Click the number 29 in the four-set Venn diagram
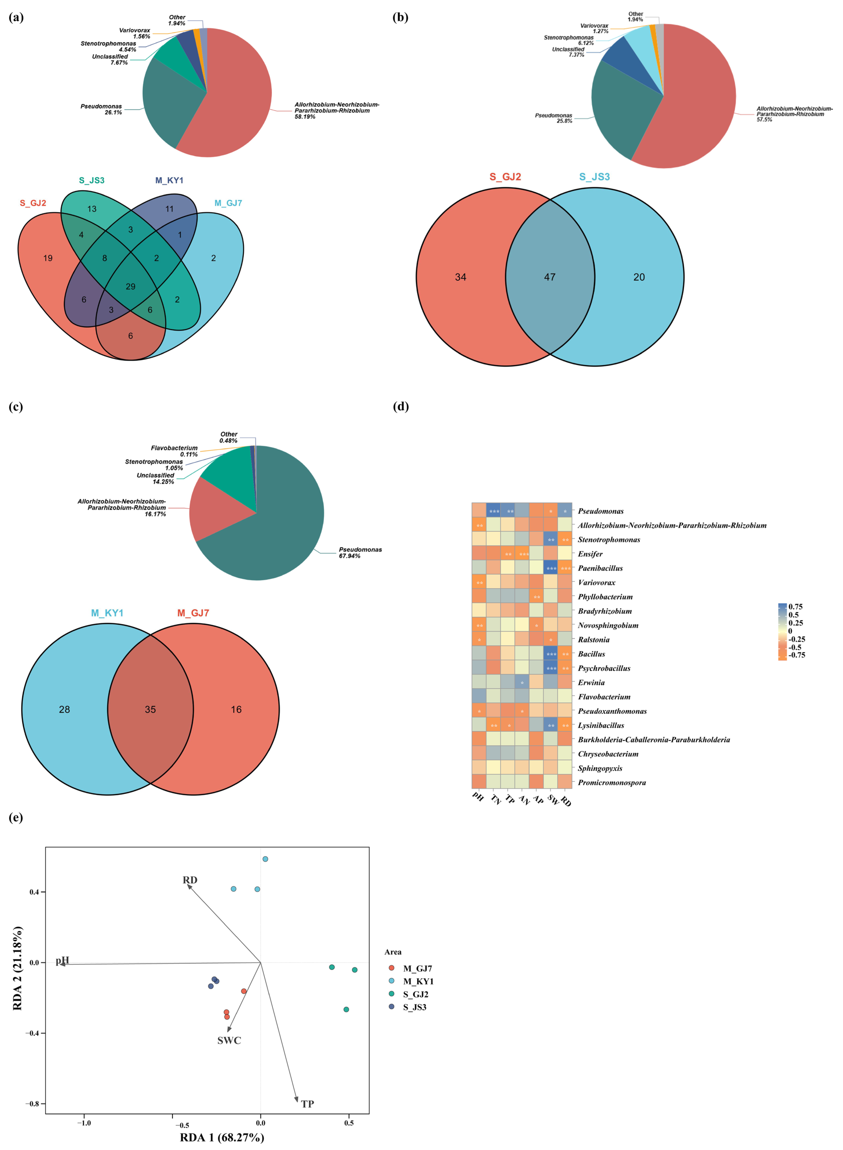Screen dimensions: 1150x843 (x=131, y=287)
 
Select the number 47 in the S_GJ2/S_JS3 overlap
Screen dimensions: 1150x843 (x=550, y=277)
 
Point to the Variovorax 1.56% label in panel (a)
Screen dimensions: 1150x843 (x=135, y=33)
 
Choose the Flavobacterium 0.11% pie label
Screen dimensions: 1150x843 (x=175, y=451)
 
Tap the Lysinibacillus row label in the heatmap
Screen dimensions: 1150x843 (x=601, y=726)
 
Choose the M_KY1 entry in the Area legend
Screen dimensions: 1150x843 (x=418, y=981)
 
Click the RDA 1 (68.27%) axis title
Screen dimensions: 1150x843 (x=222, y=1137)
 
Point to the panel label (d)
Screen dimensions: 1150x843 (x=401, y=407)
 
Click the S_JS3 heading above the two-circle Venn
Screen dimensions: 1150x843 (x=594, y=177)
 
